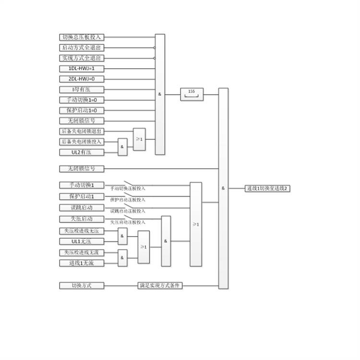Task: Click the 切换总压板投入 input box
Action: (82, 37)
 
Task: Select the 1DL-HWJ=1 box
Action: (82, 69)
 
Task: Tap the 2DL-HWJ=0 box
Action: (82, 79)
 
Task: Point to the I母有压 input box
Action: (82, 89)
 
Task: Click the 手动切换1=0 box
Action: (82, 100)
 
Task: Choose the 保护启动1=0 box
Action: (82, 110)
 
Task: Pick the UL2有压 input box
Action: (82, 152)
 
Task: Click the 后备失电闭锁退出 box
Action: (82, 131)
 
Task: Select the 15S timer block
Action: (192, 95)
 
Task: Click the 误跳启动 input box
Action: (82, 208)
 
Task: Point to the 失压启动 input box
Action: (82, 219)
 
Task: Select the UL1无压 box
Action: (82, 241)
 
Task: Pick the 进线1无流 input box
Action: (82, 263)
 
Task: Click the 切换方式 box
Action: (82, 286)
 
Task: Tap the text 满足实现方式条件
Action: (160, 286)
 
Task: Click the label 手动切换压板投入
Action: (128, 189)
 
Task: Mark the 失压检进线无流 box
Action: (82, 252)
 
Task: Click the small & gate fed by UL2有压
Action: (123, 147)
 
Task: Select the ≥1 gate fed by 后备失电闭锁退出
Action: (139, 139)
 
